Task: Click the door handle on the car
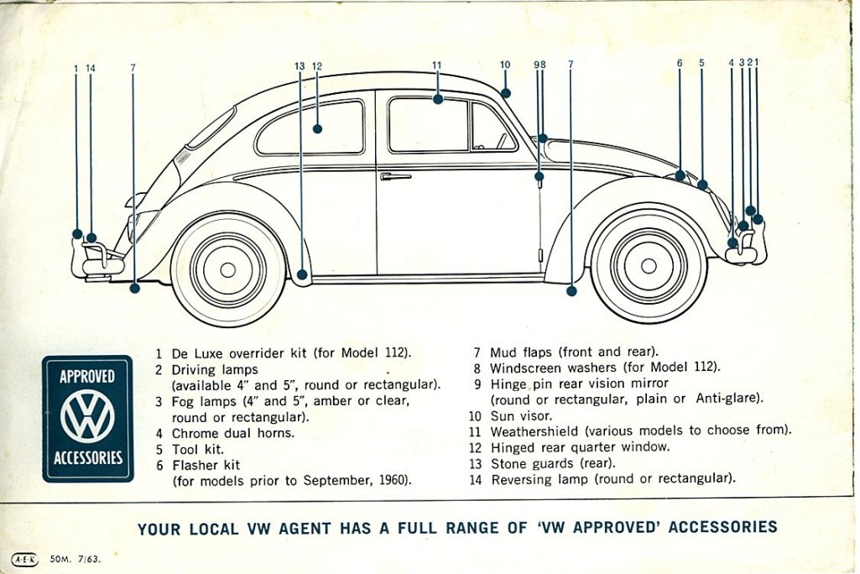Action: pyautogui.click(x=395, y=177)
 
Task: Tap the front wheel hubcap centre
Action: pyautogui.click(x=649, y=265)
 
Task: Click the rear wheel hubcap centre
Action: pyautogui.click(x=227, y=270)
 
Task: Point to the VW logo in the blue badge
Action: pyautogui.click(x=88, y=416)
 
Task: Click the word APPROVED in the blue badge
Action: pyautogui.click(x=88, y=377)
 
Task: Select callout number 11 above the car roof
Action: pyautogui.click(x=436, y=65)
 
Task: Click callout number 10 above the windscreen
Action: pyautogui.click(x=504, y=65)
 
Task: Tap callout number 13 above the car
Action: pyautogui.click(x=300, y=66)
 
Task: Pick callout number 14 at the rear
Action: pyautogui.click(x=91, y=69)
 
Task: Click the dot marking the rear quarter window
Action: pyautogui.click(x=317, y=129)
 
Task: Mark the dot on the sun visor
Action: pyautogui.click(x=505, y=93)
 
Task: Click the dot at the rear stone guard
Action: pyautogui.click(x=302, y=274)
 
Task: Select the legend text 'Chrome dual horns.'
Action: pyautogui.click(x=233, y=433)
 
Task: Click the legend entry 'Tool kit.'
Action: pyautogui.click(x=198, y=450)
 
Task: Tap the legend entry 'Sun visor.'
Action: pyautogui.click(x=521, y=416)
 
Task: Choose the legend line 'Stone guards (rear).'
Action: pyautogui.click(x=553, y=464)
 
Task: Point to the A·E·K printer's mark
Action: pyautogui.click(x=24, y=559)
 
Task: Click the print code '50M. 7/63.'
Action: pyautogui.click(x=76, y=559)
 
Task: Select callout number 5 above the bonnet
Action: pyautogui.click(x=701, y=63)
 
